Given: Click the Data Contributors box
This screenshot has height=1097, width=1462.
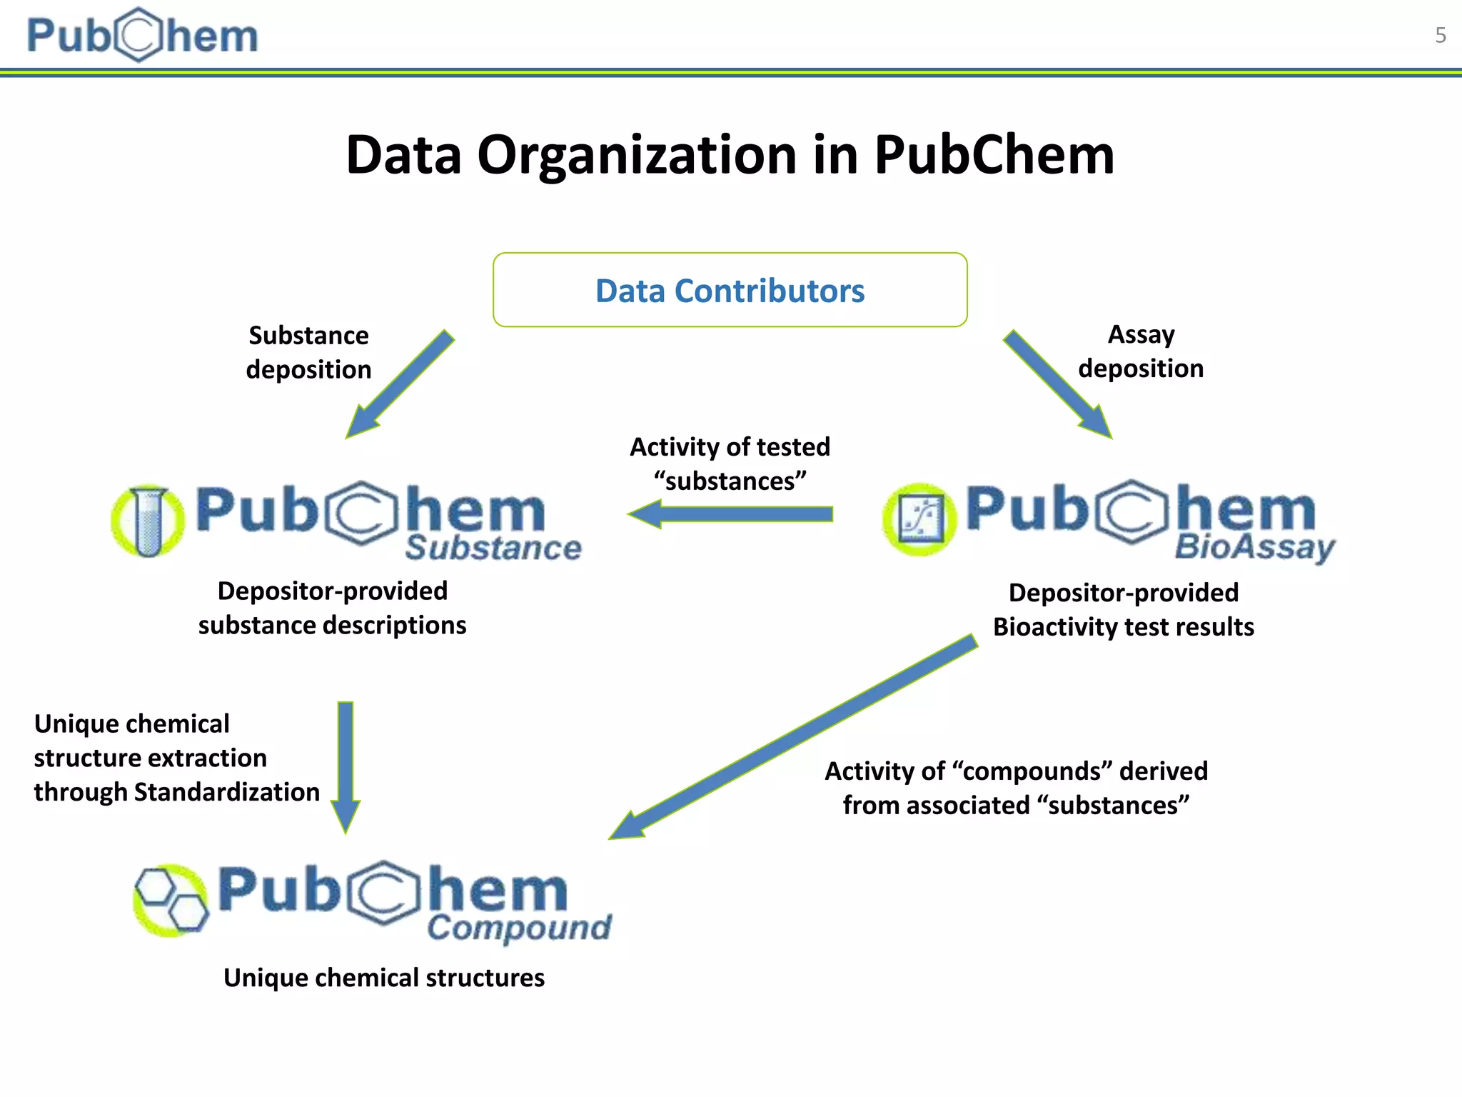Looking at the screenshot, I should (x=730, y=290).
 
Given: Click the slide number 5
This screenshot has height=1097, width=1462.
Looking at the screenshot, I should (x=1440, y=35).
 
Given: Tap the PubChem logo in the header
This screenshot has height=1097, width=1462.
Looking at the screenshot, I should (x=142, y=35).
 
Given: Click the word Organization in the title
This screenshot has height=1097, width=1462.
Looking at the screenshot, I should (x=637, y=155).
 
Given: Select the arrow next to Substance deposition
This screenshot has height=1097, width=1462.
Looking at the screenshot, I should (x=400, y=384).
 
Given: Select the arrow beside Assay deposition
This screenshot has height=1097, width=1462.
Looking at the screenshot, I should (x=1057, y=384).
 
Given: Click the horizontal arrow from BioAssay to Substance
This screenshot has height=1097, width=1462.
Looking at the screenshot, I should (x=730, y=514).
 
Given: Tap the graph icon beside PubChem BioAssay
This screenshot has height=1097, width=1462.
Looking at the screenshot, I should (x=919, y=520).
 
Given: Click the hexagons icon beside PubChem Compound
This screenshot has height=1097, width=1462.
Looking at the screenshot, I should (x=171, y=900).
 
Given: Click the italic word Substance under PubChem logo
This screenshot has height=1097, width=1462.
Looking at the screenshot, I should (x=493, y=548).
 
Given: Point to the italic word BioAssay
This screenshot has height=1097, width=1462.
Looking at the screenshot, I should (x=1254, y=548).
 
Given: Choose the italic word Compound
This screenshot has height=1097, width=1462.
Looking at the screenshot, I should (x=519, y=928).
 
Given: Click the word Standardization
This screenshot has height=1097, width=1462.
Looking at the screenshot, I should (x=226, y=792).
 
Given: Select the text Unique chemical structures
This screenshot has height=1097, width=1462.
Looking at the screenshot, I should (x=383, y=978).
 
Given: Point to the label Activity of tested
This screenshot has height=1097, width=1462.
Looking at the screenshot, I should (x=730, y=447).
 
